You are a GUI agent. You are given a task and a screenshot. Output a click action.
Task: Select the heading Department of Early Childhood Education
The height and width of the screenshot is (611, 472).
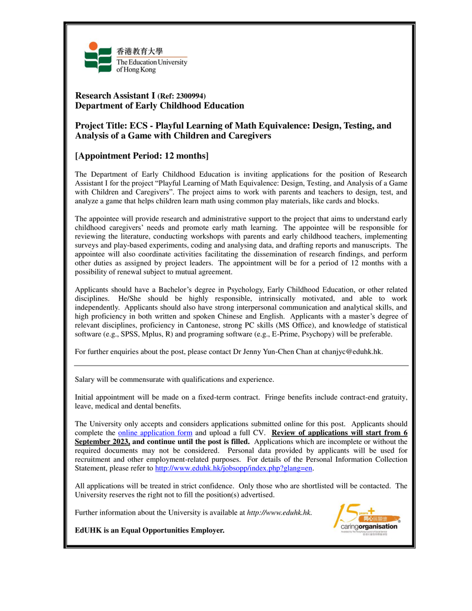tap(159, 105)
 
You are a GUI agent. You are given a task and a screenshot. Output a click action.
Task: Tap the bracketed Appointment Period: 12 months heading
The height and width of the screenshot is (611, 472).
tap(142, 155)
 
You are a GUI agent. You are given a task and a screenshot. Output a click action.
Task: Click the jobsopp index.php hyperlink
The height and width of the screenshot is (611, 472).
tap(233, 468)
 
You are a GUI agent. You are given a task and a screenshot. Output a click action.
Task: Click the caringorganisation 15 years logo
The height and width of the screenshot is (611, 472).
tap(366, 518)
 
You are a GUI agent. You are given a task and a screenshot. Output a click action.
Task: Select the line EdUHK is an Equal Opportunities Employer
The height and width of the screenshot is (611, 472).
tap(149, 530)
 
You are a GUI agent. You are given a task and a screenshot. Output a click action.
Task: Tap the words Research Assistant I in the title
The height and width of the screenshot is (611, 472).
tap(115, 95)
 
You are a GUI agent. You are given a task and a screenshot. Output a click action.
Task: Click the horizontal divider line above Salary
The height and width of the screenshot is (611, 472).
tap(241, 366)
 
